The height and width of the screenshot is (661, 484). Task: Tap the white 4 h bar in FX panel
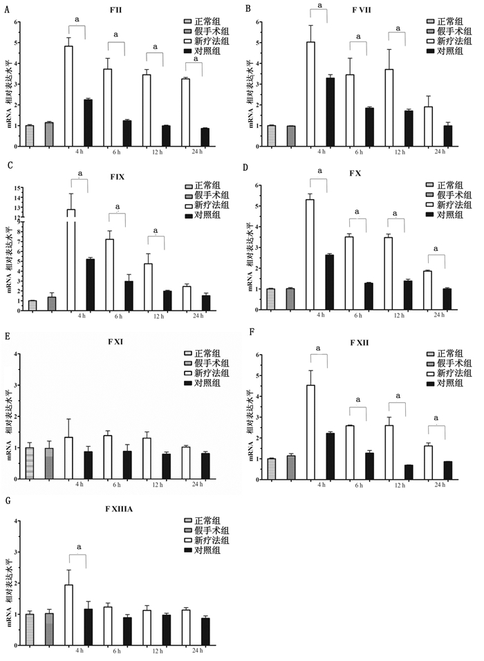pos(310,244)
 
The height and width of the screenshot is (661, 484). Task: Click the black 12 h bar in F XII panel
pos(409,472)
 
